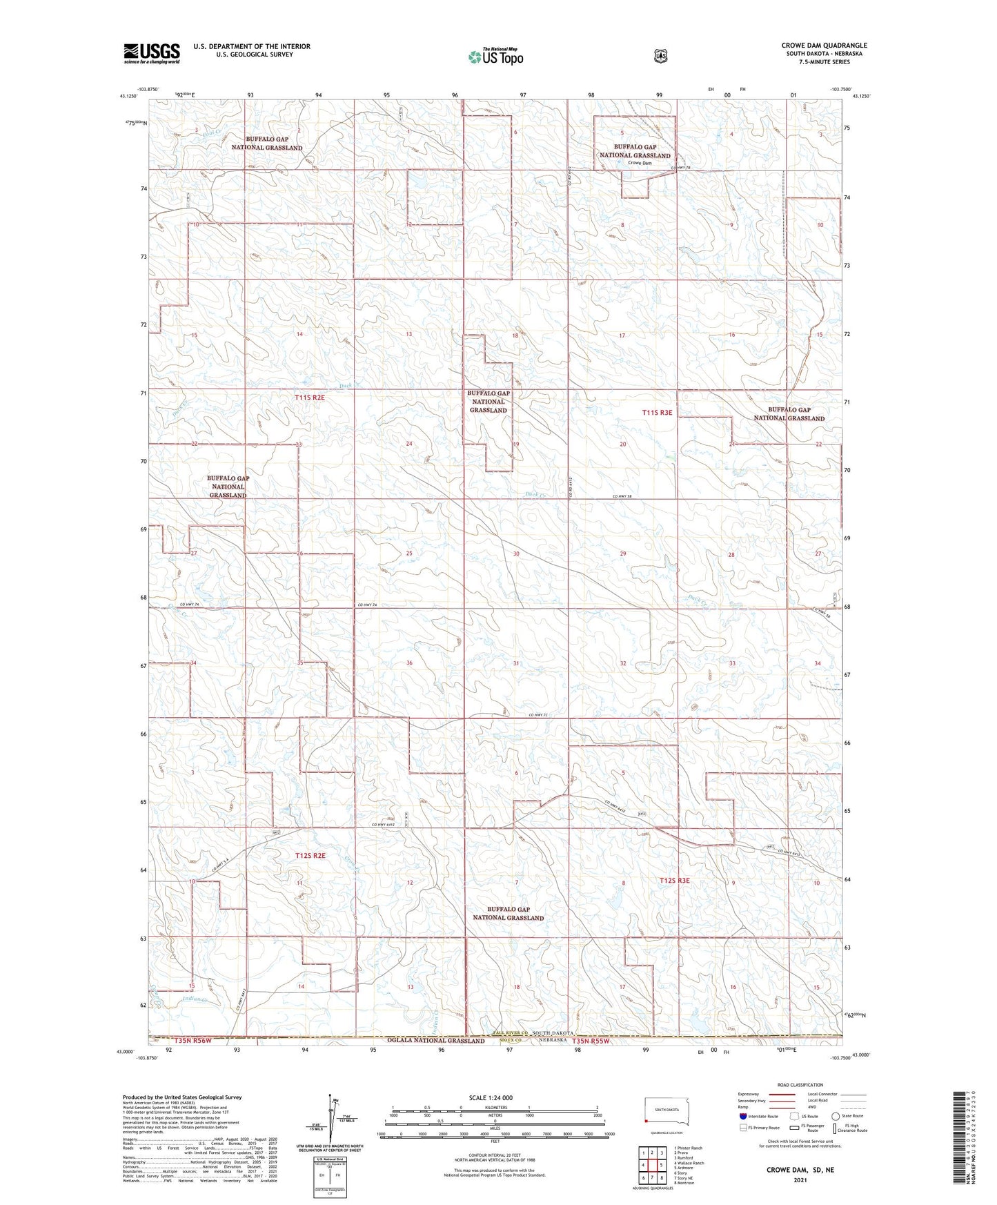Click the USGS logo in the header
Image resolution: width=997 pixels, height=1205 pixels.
point(152,52)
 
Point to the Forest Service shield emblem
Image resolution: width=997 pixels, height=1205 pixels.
point(661,56)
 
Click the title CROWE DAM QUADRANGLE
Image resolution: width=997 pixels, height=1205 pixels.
point(824,46)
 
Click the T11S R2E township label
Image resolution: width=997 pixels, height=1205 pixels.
point(310,398)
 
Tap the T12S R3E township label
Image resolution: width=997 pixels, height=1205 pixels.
point(674,881)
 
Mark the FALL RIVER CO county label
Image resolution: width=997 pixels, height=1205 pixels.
point(510,1033)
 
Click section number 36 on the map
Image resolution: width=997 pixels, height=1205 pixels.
point(409,663)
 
